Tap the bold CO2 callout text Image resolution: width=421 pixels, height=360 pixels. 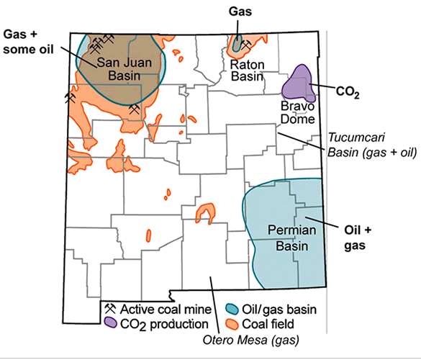[348, 91]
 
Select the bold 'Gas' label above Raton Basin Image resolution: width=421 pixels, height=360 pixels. [238, 12]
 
